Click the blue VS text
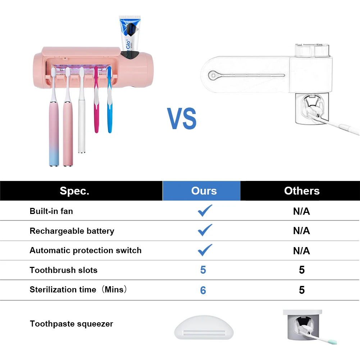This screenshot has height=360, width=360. point(182,118)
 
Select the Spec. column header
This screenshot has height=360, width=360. point(74,191)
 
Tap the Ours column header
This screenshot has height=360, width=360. point(204,191)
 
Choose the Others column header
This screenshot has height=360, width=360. point(302,191)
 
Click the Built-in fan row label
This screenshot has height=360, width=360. point(51,211)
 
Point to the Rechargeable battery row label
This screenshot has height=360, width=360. point(72,231)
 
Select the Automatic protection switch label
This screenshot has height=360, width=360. point(86,250)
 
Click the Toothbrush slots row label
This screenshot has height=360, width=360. point(63,270)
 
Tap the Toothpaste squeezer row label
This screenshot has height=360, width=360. point(71,324)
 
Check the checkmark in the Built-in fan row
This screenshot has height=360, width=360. point(205,210)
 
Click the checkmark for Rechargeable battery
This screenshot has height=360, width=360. point(205,230)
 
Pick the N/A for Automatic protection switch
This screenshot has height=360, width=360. point(301,251)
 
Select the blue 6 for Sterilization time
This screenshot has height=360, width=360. point(203,290)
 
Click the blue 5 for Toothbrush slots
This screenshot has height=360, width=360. point(203,270)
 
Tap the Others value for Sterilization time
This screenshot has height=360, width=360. point(302,290)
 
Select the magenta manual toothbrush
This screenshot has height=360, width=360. point(96,108)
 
